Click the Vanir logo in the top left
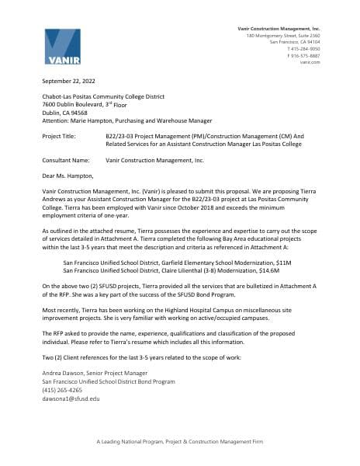click(62, 47)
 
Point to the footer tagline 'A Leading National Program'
click(179, 441)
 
